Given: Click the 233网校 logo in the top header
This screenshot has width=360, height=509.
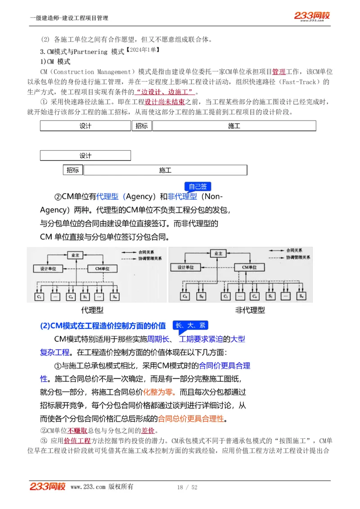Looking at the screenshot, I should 312,16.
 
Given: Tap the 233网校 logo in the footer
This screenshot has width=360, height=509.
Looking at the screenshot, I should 48,486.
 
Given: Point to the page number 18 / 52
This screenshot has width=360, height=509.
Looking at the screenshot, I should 187,487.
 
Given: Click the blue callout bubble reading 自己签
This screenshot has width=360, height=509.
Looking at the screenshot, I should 198,186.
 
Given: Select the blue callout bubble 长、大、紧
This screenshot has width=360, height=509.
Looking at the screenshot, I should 190,325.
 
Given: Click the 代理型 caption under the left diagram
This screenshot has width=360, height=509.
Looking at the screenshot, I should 92,310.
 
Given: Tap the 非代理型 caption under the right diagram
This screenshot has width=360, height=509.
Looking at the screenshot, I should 250,310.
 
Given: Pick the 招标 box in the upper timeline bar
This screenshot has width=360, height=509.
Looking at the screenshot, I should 141,126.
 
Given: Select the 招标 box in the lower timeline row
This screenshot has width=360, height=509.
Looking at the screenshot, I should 73,170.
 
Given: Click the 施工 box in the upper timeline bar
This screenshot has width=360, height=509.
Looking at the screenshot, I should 234,126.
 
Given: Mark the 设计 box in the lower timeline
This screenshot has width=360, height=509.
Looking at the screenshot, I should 85,156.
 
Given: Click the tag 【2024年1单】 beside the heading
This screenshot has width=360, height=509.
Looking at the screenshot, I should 143,50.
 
